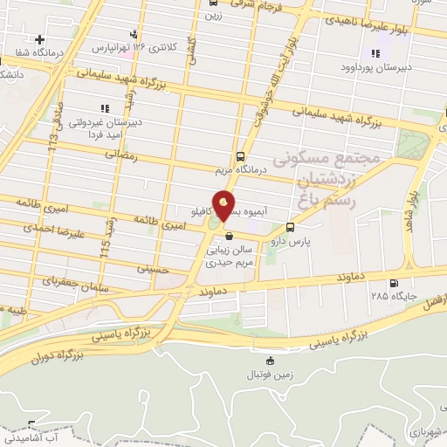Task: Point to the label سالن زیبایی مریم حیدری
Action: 229,255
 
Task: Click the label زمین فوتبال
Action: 270,374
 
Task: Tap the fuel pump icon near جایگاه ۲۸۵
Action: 395,282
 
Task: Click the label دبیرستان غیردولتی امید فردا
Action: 104,126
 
